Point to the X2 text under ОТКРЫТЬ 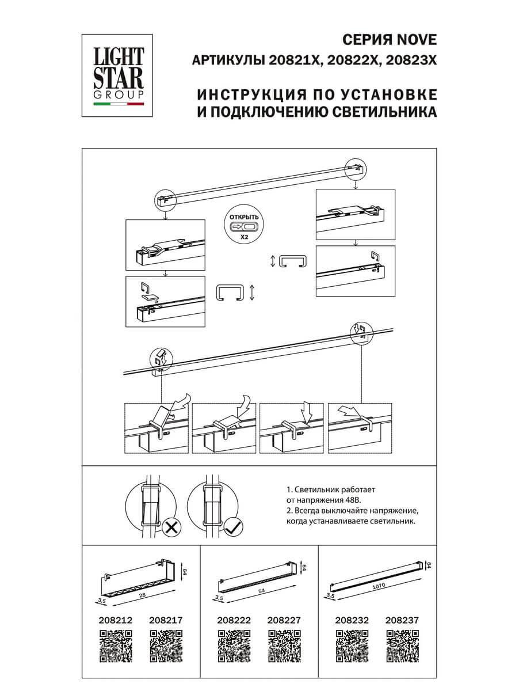click(244, 236)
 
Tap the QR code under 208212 click(116, 646)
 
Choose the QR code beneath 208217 click(166, 646)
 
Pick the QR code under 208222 click(234, 646)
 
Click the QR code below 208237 click(402, 646)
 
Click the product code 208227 click(284, 621)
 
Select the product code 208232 click(352, 621)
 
